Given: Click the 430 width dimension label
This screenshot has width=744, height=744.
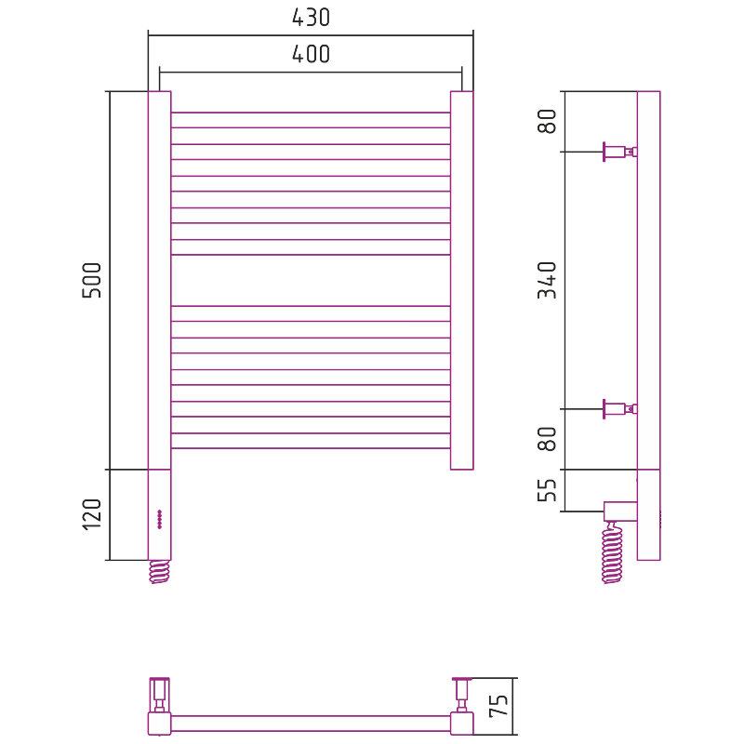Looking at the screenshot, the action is (x=311, y=18).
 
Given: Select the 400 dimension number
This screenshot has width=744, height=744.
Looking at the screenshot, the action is (x=311, y=54).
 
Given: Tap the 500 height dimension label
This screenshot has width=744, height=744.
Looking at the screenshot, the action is (x=92, y=280).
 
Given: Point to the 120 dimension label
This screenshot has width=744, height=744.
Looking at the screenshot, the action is (x=92, y=516).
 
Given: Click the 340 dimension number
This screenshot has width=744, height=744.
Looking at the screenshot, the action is (x=547, y=280).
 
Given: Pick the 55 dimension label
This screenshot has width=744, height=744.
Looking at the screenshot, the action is (x=547, y=490).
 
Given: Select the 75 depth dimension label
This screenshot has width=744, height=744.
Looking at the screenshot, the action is (x=498, y=706).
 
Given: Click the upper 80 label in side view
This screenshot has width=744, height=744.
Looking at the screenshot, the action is (x=547, y=121).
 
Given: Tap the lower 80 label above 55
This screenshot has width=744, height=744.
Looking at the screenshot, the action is (x=547, y=438).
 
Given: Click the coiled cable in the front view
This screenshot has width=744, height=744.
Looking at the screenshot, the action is (x=159, y=571).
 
